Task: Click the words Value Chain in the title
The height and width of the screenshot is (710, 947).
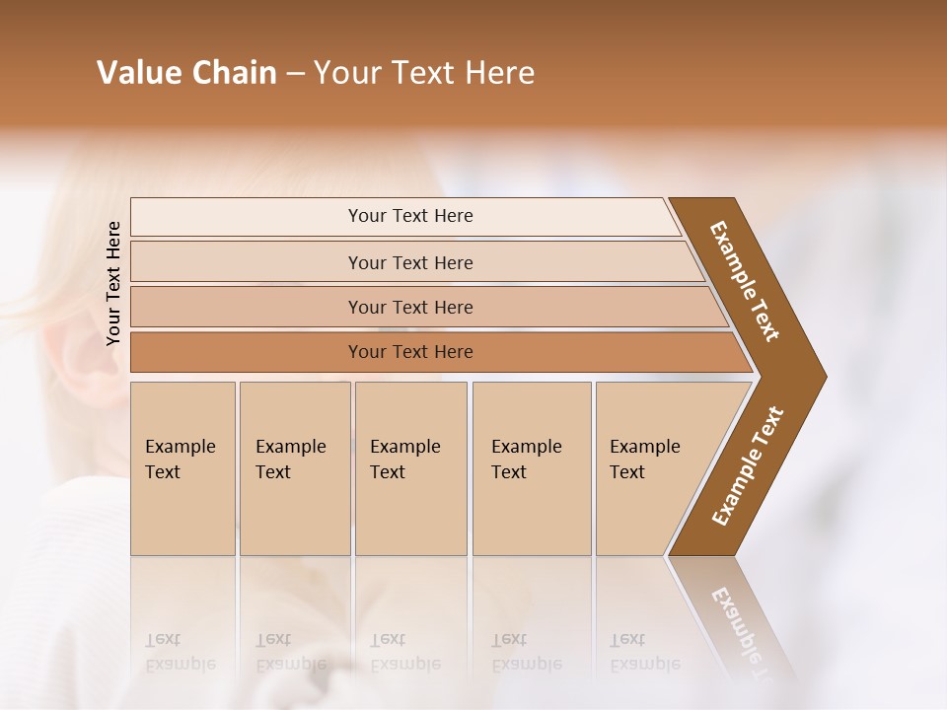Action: coord(186,73)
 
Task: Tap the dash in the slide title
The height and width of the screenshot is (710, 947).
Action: coord(295,74)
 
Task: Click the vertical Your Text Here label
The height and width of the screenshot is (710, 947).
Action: coord(113,283)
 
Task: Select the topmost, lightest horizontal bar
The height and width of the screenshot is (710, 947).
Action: coord(410,216)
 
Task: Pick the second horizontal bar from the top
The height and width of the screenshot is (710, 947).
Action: coord(410,262)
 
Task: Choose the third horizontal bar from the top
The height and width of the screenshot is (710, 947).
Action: coord(410,307)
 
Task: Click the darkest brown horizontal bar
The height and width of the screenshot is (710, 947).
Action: coord(410,352)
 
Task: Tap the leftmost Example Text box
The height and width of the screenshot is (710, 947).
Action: coord(182,468)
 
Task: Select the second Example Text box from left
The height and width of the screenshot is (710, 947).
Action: coord(294,468)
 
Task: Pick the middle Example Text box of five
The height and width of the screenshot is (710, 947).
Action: coord(410,468)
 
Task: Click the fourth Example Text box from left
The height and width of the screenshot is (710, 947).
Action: coord(531,468)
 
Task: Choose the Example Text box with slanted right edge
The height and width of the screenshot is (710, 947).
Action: coord(651,468)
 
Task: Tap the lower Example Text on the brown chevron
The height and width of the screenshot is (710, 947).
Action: coord(748,466)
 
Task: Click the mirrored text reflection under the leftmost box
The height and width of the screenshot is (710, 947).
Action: coord(170,652)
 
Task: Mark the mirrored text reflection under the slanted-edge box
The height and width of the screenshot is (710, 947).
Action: coord(644,652)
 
